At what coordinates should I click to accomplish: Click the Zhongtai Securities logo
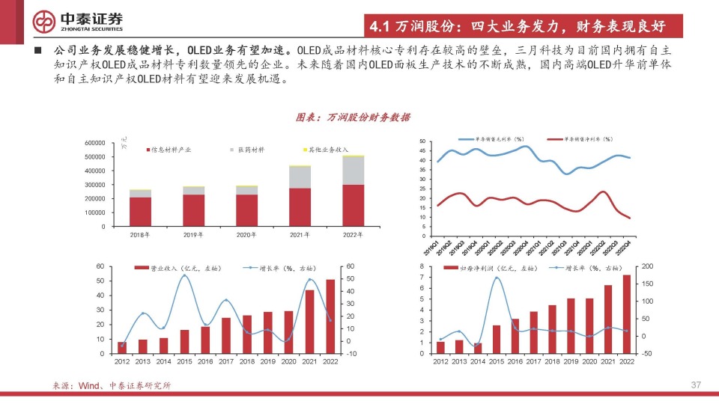[79, 21]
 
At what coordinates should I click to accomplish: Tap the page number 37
[695, 385]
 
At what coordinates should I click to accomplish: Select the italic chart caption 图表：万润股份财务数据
[353, 117]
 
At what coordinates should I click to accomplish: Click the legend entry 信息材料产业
[169, 150]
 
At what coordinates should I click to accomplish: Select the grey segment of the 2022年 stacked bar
[354, 171]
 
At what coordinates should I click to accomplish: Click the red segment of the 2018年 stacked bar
[140, 212]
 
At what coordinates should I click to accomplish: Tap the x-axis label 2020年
[246, 235]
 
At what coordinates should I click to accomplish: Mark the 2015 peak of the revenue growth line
[185, 276]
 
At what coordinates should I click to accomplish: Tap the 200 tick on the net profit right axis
[647, 266]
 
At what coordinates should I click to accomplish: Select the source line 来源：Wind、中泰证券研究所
[112, 385]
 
